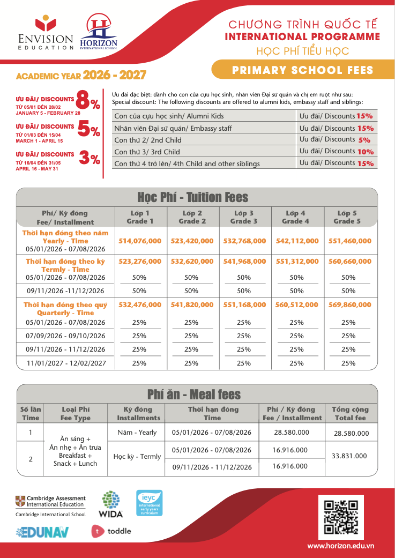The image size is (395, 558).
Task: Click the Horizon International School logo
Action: (x=98, y=32)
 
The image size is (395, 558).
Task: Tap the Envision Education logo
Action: (x=46, y=33)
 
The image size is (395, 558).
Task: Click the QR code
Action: (x=341, y=517)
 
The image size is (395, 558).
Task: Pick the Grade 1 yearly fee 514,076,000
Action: (x=139, y=241)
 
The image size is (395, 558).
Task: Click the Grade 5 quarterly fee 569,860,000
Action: (x=348, y=304)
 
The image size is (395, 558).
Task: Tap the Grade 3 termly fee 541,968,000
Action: (x=244, y=262)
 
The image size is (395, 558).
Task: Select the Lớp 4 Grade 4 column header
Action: (x=296, y=217)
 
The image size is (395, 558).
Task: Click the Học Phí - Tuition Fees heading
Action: (x=193, y=197)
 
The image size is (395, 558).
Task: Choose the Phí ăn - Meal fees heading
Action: (x=194, y=395)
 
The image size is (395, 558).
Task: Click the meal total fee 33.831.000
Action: (x=349, y=456)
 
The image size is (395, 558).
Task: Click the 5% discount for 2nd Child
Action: (x=364, y=140)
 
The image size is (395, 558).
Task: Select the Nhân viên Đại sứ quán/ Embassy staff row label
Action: (x=173, y=128)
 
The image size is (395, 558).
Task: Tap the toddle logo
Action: (x=111, y=531)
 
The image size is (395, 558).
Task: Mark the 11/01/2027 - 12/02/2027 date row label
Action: (x=66, y=363)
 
